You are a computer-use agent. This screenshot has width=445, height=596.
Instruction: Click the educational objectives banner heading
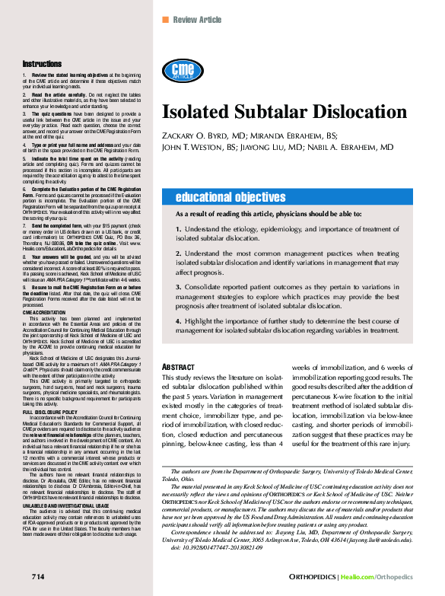coord(230,197)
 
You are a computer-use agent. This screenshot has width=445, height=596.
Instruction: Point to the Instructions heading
coord(42,64)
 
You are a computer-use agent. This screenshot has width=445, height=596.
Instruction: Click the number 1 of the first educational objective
coord(178,228)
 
